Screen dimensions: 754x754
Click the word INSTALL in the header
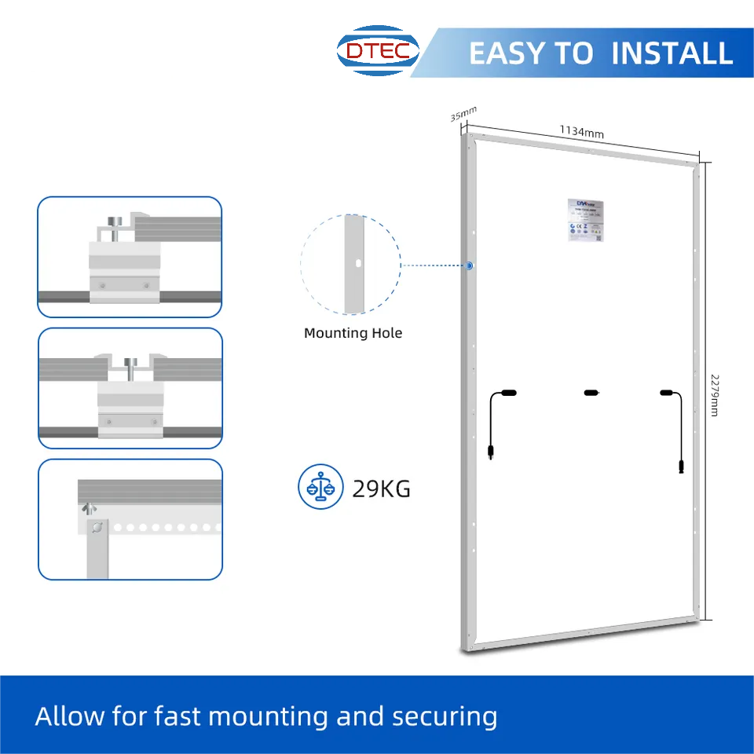click(x=672, y=53)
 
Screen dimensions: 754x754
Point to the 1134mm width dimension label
click(x=581, y=131)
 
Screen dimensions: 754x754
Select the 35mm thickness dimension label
click(x=463, y=115)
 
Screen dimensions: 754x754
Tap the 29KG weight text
click(x=381, y=489)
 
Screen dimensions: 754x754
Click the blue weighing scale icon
click(x=320, y=488)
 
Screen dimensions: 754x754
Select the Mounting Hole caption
click(x=353, y=333)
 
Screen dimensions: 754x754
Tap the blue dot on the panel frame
click(x=469, y=265)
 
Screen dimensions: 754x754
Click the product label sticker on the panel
click(x=586, y=220)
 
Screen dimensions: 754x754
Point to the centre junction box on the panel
click(x=591, y=391)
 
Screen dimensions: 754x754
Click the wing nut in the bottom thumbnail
click(x=89, y=510)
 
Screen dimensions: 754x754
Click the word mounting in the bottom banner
click(x=268, y=716)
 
